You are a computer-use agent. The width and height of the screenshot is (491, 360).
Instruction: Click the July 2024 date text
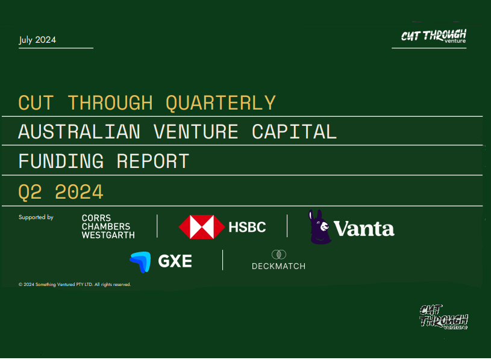(37, 40)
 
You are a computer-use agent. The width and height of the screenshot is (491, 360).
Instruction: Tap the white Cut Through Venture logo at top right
(433, 36)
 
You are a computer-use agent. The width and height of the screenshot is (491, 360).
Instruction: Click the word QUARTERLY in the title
(220, 103)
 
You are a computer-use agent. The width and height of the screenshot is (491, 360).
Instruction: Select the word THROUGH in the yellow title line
(110, 103)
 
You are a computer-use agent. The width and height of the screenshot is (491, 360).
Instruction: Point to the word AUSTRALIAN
(80, 132)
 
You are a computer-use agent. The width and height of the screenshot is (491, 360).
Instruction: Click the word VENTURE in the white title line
(196, 132)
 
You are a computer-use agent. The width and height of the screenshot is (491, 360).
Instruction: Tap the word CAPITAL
(295, 132)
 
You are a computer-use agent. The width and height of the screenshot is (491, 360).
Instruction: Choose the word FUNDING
(61, 161)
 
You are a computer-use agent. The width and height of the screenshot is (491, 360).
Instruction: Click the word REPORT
(153, 161)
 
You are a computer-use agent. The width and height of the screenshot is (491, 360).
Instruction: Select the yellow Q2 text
(30, 191)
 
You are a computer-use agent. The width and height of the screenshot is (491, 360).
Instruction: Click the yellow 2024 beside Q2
(80, 191)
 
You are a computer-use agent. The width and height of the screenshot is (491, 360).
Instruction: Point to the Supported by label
(36, 217)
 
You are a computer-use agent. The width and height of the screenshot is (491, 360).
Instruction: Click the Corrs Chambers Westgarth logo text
(108, 226)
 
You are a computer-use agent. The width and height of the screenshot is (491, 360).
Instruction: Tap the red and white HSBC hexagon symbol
(202, 227)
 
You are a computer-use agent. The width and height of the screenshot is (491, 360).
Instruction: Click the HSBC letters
(248, 227)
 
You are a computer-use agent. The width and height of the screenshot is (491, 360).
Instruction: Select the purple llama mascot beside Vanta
(319, 227)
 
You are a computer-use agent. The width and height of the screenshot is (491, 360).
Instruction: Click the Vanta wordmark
(364, 229)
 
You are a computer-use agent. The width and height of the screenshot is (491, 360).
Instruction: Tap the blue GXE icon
(140, 262)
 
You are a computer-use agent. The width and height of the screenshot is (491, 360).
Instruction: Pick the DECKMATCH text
(279, 266)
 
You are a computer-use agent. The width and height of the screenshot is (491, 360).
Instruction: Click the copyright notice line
(75, 284)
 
